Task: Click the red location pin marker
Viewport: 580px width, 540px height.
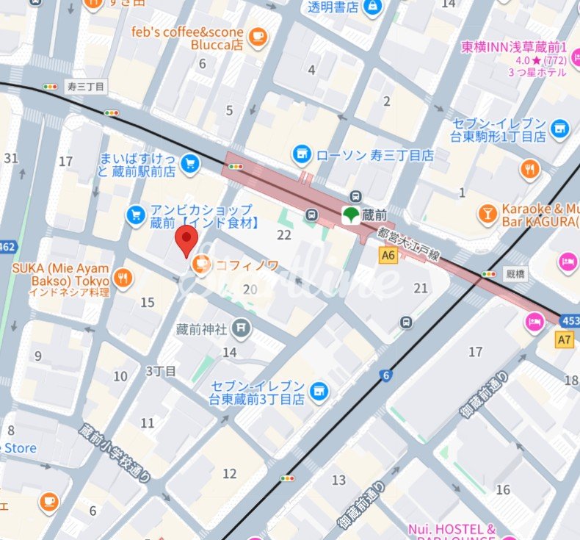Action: [187, 240]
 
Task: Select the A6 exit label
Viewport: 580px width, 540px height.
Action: [388, 255]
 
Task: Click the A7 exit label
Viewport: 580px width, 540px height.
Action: [564, 339]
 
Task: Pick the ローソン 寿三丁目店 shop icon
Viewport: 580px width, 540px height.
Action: [301, 154]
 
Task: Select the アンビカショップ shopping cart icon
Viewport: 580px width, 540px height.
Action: [136, 215]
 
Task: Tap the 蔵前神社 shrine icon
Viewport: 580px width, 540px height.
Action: [240, 327]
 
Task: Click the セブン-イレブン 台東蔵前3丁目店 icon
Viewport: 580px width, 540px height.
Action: [318, 389]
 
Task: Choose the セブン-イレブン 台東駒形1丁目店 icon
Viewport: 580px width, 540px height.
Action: [559, 129]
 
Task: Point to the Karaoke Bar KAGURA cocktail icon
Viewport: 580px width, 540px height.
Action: [487, 214]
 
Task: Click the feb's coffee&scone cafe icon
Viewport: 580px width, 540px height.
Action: [256, 37]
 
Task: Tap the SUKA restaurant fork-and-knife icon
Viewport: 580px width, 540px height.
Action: [123, 278]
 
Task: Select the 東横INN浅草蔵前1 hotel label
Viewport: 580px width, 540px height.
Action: [513, 47]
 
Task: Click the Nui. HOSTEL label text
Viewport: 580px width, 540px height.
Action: [452, 529]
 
